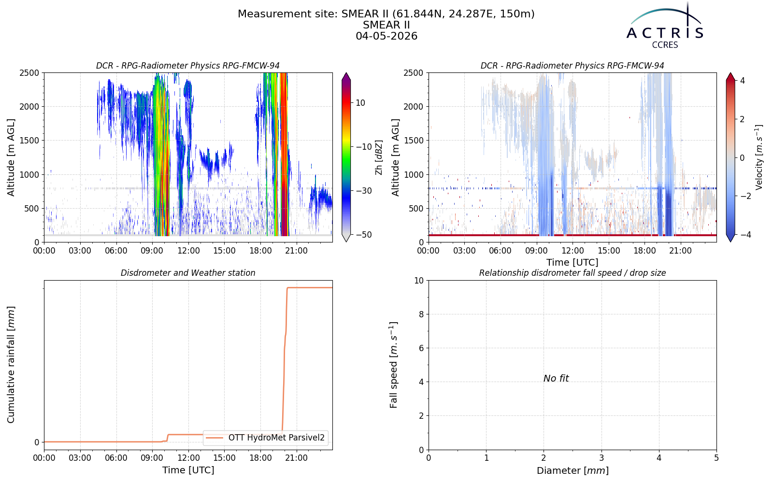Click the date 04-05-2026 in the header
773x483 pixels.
pos(386,36)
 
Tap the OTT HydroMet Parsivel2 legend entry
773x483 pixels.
pos(265,438)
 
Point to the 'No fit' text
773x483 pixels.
pos(556,379)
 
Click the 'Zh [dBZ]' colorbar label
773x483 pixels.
pos(379,157)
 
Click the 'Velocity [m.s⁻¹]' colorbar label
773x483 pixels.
pos(759,157)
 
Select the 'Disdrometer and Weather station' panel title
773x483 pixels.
pos(188,273)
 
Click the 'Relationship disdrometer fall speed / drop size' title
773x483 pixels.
pos(573,273)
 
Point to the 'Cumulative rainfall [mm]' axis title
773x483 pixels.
pos(11,365)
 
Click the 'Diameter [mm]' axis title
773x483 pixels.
pos(573,470)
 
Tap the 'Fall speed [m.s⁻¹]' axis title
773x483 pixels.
pos(393,365)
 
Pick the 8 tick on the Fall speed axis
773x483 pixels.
pos(421,314)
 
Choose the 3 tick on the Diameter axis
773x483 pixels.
pos(601,458)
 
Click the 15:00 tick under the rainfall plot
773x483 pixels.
pos(224,458)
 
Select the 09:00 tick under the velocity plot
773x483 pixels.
pos(536,251)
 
